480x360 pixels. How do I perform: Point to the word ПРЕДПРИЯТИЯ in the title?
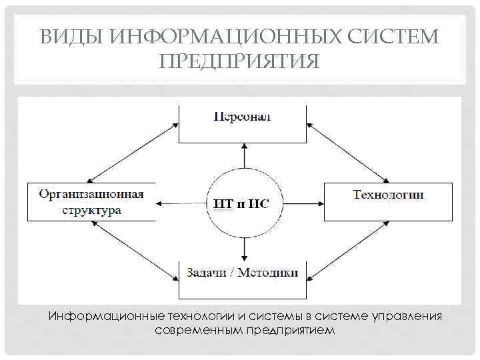240,61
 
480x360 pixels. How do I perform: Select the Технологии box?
388,201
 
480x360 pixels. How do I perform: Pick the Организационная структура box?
91,201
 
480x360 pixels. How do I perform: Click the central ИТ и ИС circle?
245,202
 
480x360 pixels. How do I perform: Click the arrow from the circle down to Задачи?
245,248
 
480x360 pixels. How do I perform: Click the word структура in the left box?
91,209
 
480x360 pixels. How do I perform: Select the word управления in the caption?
408,315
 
